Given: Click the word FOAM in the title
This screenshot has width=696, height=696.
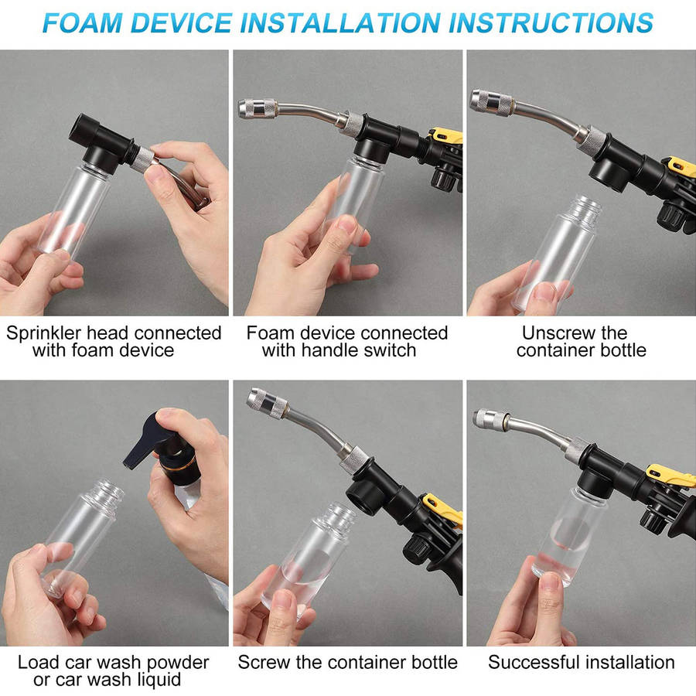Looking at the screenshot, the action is [82, 22].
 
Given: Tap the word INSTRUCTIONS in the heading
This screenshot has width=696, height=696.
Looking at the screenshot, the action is [551, 22].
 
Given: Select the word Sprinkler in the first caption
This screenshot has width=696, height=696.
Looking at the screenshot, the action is [44, 333].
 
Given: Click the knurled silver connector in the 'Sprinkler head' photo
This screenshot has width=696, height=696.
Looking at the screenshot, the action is [142, 159].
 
